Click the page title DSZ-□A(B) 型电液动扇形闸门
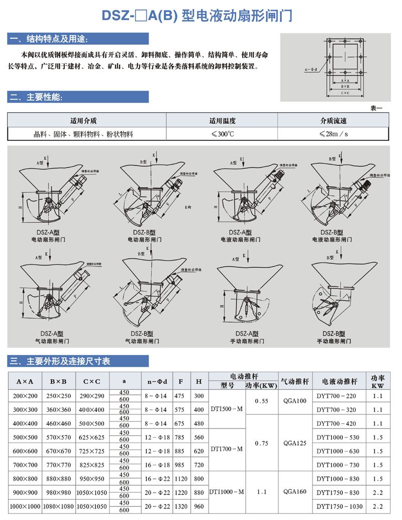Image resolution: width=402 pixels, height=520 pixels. (x=197, y=16)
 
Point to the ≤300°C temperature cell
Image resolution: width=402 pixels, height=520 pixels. (x=222, y=134)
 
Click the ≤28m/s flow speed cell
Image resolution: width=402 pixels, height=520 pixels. (x=333, y=134)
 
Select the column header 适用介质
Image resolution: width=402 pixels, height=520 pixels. (x=83, y=121)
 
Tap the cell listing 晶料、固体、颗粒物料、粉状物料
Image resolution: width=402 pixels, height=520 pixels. (x=83, y=134)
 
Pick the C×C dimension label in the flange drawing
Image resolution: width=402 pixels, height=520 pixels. (x=345, y=93)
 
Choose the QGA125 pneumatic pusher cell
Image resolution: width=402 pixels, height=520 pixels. (x=294, y=443)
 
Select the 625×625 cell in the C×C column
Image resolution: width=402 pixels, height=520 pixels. (x=92, y=437)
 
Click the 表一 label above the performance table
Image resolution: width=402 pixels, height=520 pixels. (x=376, y=108)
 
